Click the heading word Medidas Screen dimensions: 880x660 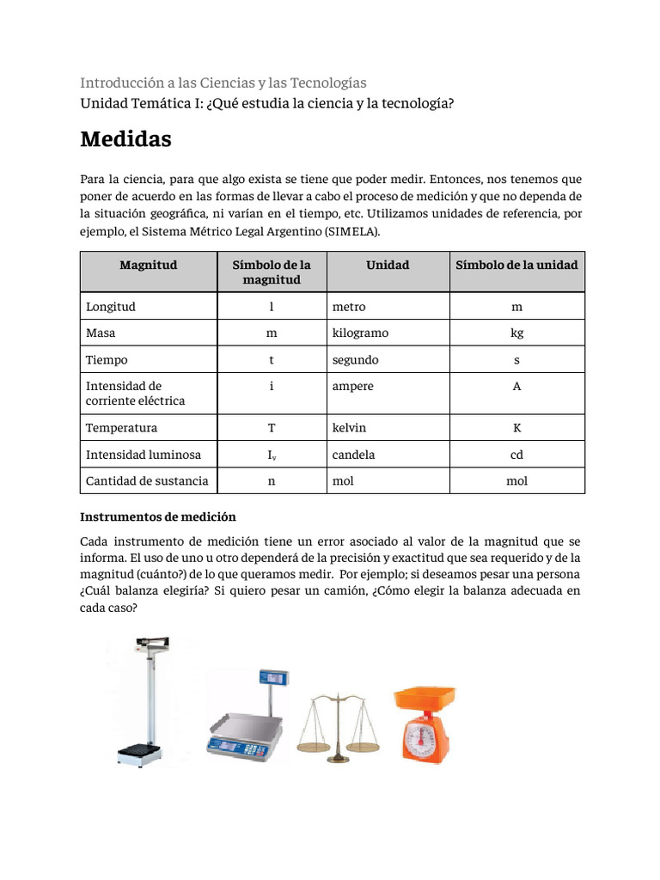125,139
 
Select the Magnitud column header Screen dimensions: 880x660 148,265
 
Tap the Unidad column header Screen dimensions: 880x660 388,265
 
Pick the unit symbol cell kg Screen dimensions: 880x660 516,333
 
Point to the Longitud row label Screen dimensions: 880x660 111,307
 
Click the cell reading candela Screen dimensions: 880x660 353,455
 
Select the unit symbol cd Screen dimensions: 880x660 516,455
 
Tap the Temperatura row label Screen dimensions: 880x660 121,428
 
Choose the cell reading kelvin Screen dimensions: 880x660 349,428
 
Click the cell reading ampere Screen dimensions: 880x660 352,387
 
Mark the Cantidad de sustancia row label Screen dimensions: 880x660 147,481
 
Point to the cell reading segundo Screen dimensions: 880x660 355,360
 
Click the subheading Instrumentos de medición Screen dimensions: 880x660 157,517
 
